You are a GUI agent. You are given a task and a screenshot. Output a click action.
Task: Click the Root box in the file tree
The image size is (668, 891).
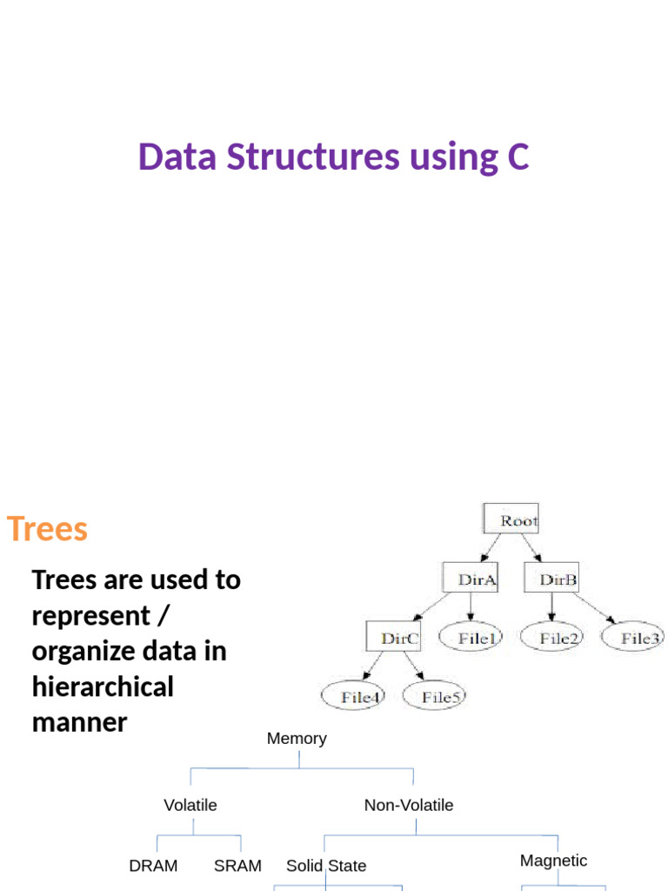[x=511, y=520]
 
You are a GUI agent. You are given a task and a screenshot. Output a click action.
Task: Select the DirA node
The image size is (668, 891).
[x=470, y=579]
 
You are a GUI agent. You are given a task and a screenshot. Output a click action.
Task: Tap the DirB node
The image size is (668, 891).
[x=551, y=579]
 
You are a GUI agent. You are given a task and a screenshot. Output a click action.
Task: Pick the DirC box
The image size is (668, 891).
[x=393, y=638]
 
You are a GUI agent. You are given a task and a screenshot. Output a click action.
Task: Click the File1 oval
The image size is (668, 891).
[x=471, y=638]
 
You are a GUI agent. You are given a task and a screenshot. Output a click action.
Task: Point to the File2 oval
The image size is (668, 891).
[x=553, y=638]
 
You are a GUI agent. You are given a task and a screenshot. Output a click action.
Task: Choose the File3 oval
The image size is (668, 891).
[x=634, y=638]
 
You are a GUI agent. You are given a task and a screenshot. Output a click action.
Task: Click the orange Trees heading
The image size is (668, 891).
[x=47, y=529]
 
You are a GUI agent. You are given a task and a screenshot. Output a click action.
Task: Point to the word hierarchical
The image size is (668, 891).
[x=103, y=687]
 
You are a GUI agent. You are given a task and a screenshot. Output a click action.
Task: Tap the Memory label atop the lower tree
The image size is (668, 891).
[x=297, y=739]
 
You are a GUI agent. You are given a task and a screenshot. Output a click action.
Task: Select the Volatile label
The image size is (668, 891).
[x=190, y=806]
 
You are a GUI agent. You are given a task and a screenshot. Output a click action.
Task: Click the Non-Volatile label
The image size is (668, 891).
[x=409, y=806]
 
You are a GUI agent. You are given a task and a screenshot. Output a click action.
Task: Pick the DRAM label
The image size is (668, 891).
[x=153, y=866]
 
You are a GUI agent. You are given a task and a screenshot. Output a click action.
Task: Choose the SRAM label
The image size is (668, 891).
[x=237, y=866]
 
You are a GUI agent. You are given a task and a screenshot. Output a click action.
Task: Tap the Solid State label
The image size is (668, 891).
[x=326, y=866]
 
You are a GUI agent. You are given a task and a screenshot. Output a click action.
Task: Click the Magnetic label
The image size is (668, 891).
[x=553, y=861]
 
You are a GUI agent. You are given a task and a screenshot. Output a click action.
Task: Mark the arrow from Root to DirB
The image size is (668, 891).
[x=531, y=548]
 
